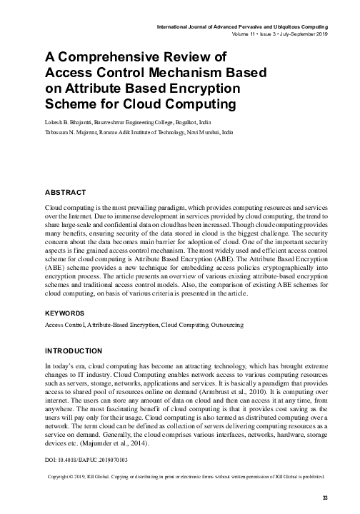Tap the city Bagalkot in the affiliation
(191, 123)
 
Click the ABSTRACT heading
(66, 193)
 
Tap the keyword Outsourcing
(226, 325)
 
